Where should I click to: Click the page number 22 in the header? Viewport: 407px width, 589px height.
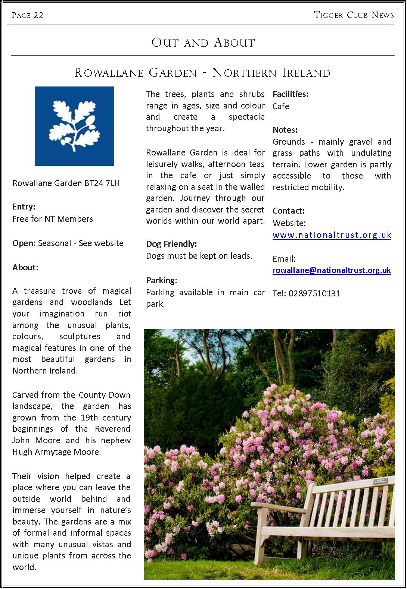click(x=38, y=15)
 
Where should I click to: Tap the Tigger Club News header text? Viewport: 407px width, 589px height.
click(x=354, y=15)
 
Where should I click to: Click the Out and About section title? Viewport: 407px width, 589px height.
click(x=203, y=42)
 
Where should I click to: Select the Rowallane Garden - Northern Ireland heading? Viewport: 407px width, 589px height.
click(x=202, y=72)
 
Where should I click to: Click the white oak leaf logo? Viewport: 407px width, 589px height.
click(x=75, y=126)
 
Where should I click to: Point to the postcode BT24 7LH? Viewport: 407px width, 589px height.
click(x=102, y=183)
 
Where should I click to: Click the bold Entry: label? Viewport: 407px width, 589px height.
click(x=24, y=207)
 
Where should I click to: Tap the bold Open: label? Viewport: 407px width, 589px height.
click(x=24, y=243)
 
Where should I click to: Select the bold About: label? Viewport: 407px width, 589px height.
click(x=25, y=267)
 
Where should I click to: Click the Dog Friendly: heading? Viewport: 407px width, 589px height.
click(x=171, y=244)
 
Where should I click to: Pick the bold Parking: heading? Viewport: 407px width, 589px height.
click(x=162, y=280)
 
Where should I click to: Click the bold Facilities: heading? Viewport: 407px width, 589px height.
click(x=291, y=94)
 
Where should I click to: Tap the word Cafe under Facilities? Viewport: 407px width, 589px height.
click(x=281, y=106)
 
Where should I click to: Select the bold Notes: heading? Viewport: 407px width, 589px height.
click(x=285, y=130)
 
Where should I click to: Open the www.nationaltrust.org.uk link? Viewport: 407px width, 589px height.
click(x=332, y=235)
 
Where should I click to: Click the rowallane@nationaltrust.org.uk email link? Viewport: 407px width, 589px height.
click(x=332, y=270)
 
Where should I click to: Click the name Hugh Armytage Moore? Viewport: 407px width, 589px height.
click(x=57, y=452)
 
